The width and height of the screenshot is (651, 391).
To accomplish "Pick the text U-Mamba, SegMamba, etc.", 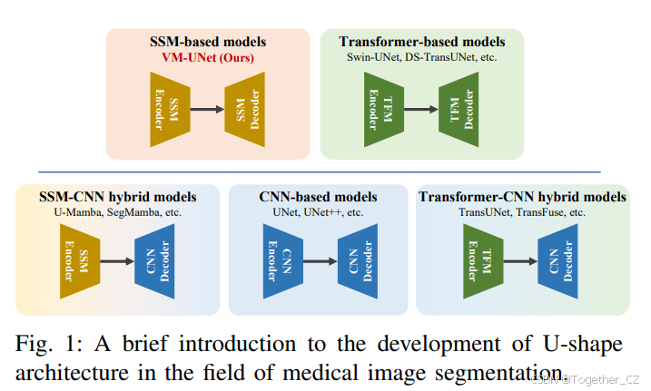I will [115, 212].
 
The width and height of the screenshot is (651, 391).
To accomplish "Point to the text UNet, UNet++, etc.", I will [317, 212].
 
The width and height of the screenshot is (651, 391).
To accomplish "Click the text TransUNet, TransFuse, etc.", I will [521, 212].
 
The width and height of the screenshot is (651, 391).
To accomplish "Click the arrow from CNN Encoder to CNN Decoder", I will [317, 261].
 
